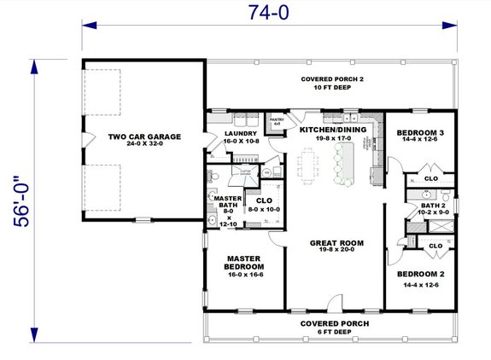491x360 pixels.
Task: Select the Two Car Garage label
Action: tap(143, 136)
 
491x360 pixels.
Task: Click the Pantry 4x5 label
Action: tap(276, 122)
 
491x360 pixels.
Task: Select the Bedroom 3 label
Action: tap(420, 132)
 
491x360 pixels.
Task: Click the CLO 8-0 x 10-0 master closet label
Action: tap(266, 201)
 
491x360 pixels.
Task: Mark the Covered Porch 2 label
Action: tap(331, 78)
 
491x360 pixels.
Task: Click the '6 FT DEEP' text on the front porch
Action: tap(332, 333)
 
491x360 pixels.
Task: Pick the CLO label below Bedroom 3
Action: tap(431, 178)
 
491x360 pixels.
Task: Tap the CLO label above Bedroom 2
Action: tap(435, 246)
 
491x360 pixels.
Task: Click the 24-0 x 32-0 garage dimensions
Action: tap(143, 146)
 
